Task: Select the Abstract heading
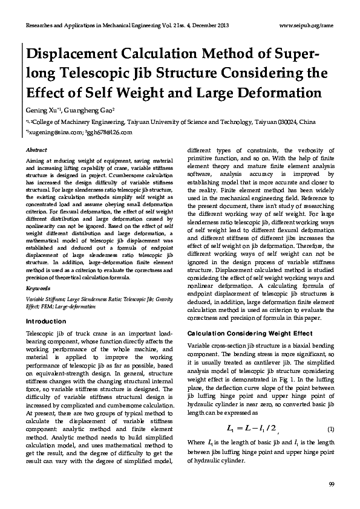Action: point(36,149)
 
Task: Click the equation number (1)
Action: point(330,430)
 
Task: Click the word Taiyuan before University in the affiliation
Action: point(140,122)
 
